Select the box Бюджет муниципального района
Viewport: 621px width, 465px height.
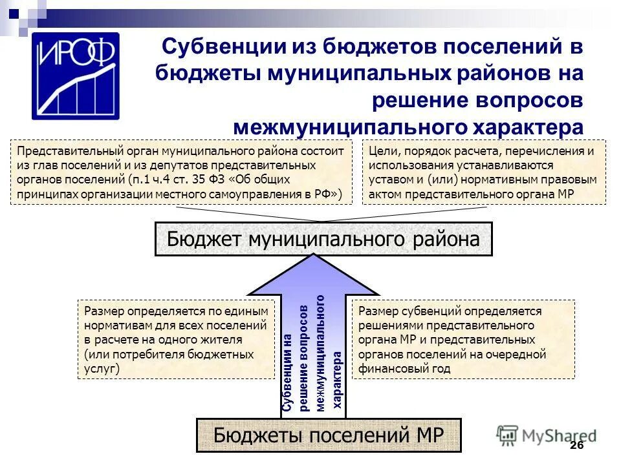pos(323,240)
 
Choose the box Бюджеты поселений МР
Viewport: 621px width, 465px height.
pos(329,435)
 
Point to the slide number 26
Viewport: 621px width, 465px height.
pos(577,446)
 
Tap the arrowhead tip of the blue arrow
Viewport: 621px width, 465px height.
pos(315,256)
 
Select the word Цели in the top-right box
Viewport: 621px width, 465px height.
pos(381,152)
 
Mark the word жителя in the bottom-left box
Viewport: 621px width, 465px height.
pos(223,340)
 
